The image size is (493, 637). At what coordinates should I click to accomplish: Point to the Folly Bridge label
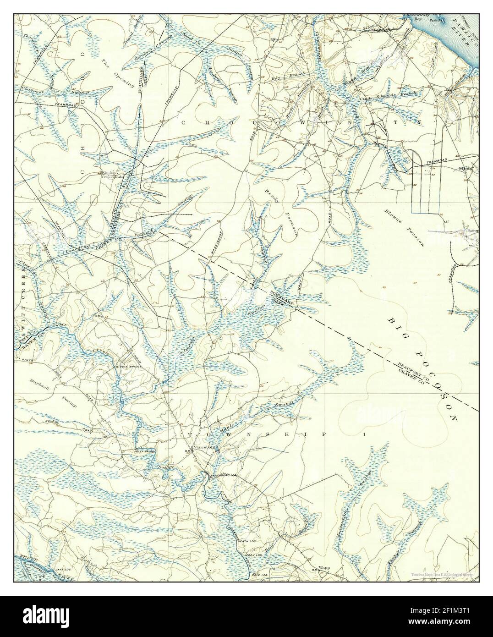pyautogui.click(x=145, y=452)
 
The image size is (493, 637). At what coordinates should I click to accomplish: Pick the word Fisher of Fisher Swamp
pyautogui.click(x=398, y=550)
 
